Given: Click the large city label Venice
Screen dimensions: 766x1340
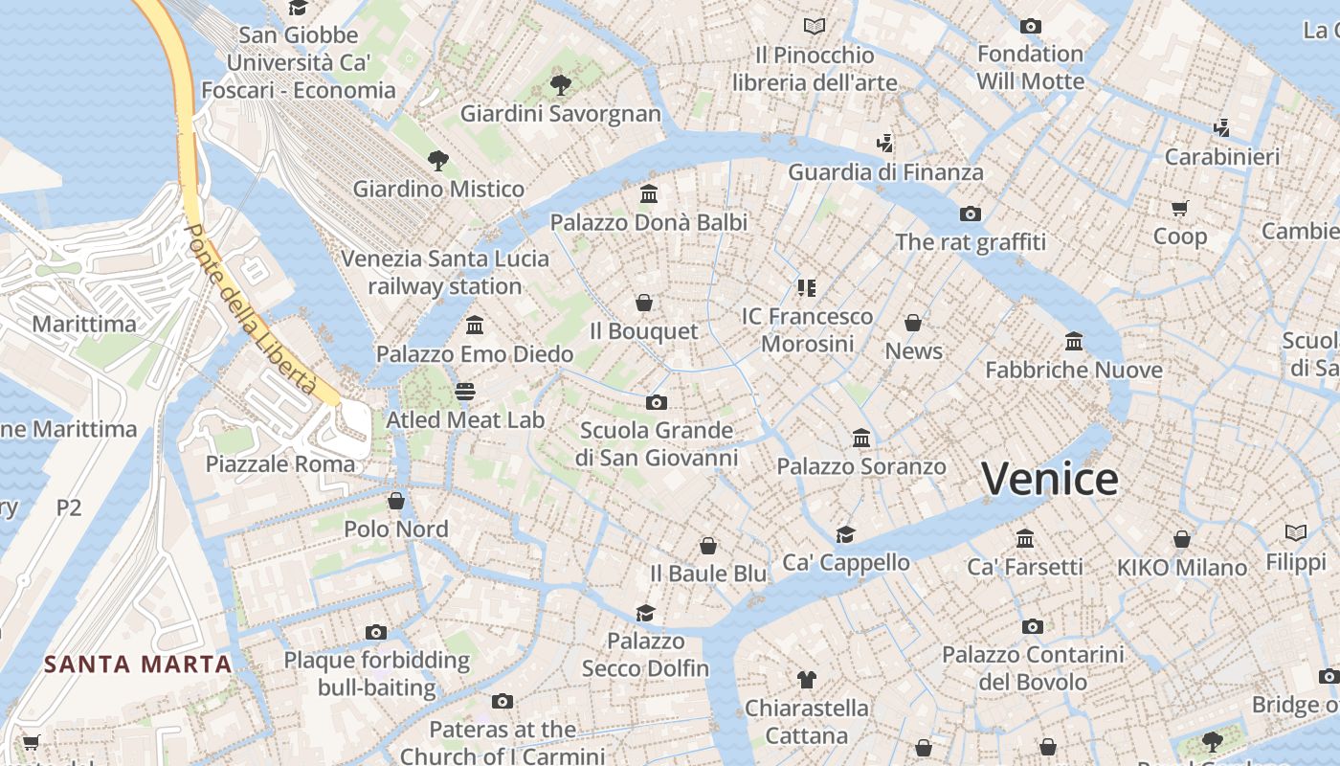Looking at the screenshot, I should tap(1050, 478).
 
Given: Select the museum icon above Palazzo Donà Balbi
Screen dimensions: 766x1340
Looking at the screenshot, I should tap(649, 194).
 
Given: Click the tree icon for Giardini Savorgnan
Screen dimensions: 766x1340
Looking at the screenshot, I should tap(561, 85).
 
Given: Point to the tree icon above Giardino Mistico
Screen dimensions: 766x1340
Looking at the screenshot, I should tap(438, 160).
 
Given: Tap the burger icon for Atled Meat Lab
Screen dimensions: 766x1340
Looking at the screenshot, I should tap(465, 392).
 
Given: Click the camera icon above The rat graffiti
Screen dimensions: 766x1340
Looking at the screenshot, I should tap(971, 214).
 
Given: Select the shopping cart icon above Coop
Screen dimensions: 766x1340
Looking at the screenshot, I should tap(1180, 208).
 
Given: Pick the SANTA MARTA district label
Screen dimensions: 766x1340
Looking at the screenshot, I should tap(139, 664).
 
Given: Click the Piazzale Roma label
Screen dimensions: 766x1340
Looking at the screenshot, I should tap(280, 464).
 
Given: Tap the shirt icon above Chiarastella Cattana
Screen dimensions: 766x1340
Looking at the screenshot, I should tap(807, 680).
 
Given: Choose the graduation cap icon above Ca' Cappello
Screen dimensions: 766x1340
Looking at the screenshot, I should tap(845, 534).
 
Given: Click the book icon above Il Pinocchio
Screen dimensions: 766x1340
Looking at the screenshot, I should tap(815, 26).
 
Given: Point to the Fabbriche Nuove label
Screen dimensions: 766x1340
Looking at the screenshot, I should tap(1074, 370).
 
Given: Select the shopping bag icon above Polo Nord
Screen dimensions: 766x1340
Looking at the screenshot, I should tap(396, 501).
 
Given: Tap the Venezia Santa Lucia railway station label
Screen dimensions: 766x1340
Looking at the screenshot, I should tap(445, 272).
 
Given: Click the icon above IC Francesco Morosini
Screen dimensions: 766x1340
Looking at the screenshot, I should tap(807, 287).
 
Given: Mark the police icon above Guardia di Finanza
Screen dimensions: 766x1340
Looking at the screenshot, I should tap(885, 144).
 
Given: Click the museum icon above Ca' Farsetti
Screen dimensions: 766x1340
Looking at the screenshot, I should tap(1025, 538).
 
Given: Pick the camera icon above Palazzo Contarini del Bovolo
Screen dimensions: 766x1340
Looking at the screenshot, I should tap(1032, 626).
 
